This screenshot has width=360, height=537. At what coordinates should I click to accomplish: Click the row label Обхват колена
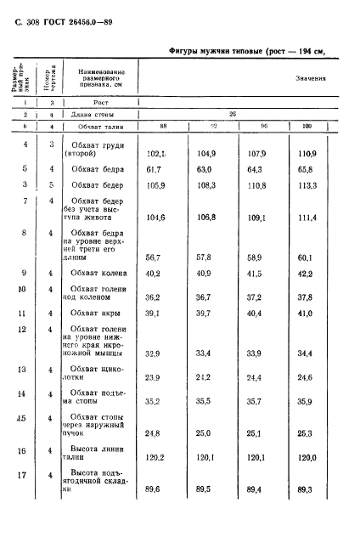click(98, 297)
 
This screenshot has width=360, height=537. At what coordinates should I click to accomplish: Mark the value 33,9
click(256, 376)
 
